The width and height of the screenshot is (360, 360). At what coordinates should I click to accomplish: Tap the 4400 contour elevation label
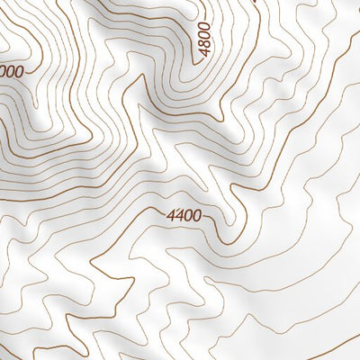(184, 216)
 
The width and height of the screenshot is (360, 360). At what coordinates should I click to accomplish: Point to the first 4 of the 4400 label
(171, 216)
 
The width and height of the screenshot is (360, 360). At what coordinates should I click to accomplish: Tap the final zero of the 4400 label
(196, 217)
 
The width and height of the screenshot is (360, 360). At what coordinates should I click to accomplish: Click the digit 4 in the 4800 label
(204, 54)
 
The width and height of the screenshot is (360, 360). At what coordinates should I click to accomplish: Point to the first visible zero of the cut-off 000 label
(3, 71)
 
